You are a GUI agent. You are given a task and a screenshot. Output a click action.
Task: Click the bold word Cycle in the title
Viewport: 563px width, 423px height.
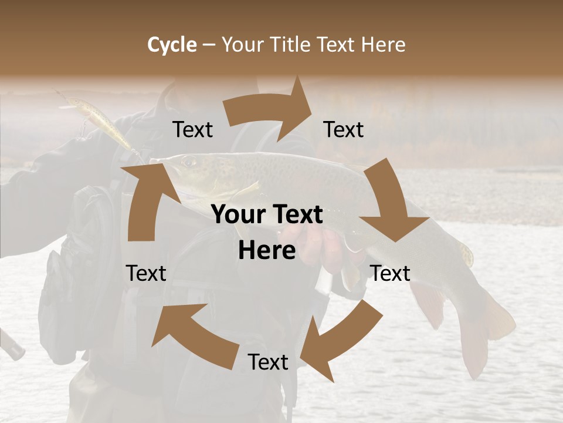pyautogui.click(x=172, y=45)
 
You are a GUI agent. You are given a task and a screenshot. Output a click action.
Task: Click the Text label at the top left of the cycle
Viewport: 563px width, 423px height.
pyautogui.click(x=192, y=130)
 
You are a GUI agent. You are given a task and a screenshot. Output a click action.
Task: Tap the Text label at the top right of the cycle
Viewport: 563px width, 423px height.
pyautogui.click(x=344, y=130)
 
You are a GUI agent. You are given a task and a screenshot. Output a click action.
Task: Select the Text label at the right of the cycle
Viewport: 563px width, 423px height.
pyautogui.click(x=390, y=273)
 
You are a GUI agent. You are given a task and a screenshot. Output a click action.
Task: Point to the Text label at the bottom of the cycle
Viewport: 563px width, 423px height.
pyautogui.click(x=268, y=362)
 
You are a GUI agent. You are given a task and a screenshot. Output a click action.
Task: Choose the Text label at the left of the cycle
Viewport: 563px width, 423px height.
pyautogui.click(x=146, y=273)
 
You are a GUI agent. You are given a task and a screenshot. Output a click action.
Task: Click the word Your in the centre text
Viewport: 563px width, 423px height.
pyautogui.click(x=237, y=215)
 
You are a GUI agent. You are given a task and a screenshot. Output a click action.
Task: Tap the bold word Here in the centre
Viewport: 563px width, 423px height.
pyautogui.click(x=267, y=251)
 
